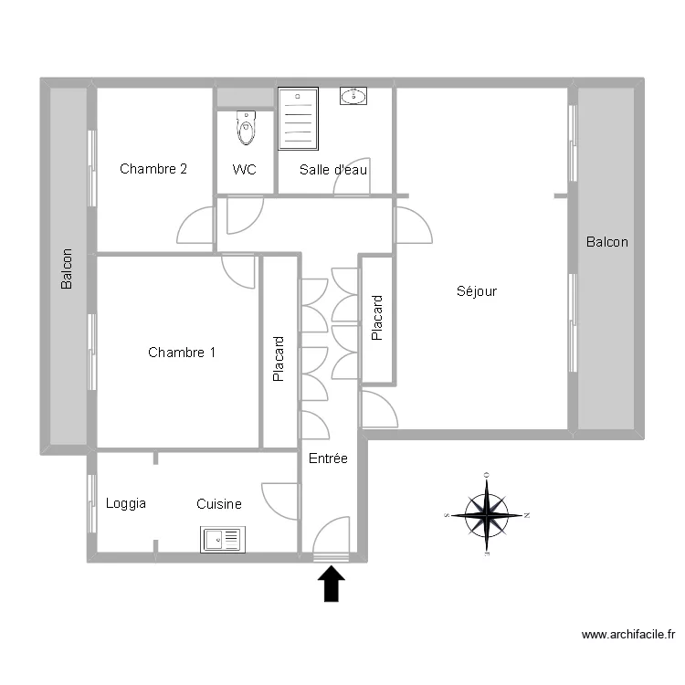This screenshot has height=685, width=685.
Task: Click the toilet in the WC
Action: (247, 130)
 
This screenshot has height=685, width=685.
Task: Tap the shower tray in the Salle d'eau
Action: (297, 118)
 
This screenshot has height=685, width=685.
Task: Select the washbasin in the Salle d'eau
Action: (353, 96)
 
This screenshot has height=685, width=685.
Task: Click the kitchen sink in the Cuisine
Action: (223, 540)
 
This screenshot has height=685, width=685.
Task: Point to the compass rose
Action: (488, 515)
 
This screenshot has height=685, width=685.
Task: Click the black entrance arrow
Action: (332, 584)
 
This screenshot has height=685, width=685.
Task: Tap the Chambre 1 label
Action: (182, 353)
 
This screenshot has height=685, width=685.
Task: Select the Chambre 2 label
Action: (153, 169)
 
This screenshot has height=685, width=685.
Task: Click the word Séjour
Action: (476, 291)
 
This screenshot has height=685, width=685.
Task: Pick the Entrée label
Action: (328, 459)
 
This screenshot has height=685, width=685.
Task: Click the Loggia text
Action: (126, 503)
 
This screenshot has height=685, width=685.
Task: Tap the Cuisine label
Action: (219, 503)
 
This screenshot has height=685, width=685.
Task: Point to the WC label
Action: (244, 169)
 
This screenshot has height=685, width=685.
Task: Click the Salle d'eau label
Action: (334, 169)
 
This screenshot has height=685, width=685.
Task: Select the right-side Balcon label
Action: (607, 242)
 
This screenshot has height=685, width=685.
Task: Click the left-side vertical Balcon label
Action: (66, 269)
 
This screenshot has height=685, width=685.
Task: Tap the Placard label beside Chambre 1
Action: (279, 359)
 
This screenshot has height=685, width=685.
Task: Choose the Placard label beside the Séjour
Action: (377, 318)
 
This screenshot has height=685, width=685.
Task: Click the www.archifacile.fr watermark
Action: (628, 635)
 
